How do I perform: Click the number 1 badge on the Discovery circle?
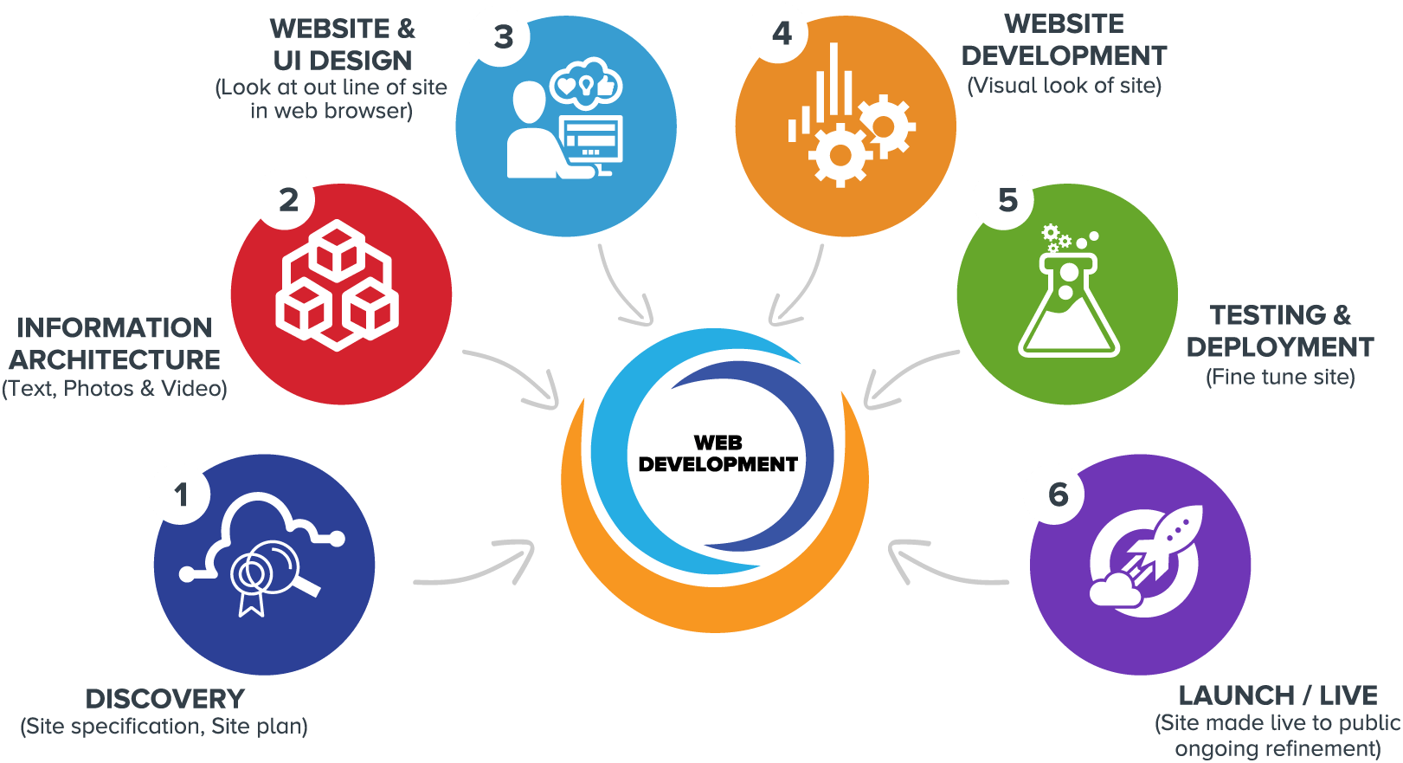(x=180, y=495)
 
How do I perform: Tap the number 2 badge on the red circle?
(x=287, y=200)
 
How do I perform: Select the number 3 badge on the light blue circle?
(x=502, y=37)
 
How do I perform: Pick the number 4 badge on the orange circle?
(x=781, y=34)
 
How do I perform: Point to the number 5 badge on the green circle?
(x=1006, y=200)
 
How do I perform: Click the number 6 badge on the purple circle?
(x=1057, y=495)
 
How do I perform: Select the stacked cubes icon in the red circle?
(x=337, y=286)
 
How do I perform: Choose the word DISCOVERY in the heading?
(x=165, y=699)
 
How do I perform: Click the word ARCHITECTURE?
(x=115, y=359)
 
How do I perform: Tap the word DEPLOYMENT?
(x=1279, y=346)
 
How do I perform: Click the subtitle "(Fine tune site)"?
(x=1280, y=377)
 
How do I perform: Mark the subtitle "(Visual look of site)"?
(x=1064, y=85)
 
